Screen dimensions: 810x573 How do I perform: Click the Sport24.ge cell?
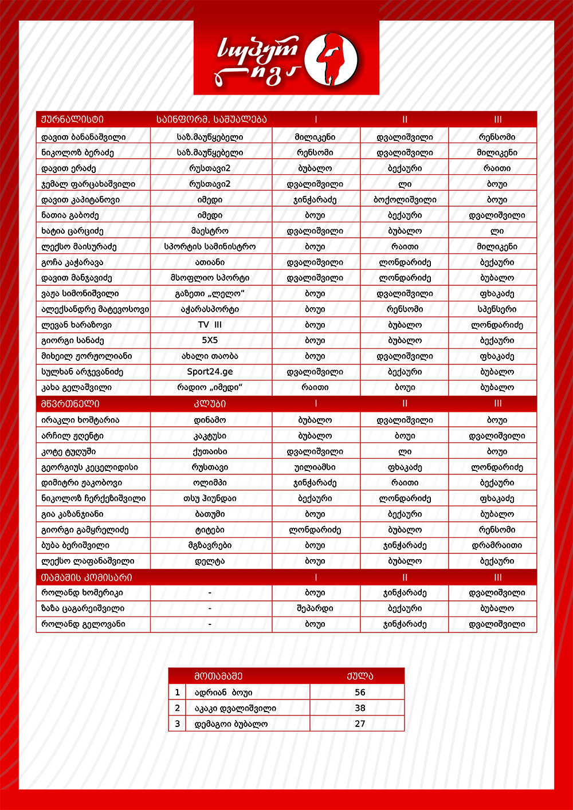tap(210, 372)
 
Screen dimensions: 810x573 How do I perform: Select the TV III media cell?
tap(210, 325)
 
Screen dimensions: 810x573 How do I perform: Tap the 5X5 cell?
tap(210, 340)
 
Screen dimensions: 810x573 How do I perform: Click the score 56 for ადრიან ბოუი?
tap(360, 693)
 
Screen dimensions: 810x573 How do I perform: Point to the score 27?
tap(360, 724)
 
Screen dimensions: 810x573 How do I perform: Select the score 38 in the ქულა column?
tap(360, 708)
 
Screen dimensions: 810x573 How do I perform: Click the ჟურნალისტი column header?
tap(73, 120)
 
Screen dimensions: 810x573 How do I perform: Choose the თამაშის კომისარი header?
tap(87, 577)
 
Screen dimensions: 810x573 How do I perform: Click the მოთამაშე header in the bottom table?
tap(218, 676)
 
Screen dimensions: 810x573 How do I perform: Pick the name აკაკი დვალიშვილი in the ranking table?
tap(236, 709)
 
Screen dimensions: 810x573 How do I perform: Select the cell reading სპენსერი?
tap(497, 309)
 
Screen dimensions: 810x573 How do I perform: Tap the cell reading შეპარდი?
tap(315, 608)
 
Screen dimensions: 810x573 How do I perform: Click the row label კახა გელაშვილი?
tap(77, 388)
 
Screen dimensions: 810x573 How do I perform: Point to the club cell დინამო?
tap(210, 420)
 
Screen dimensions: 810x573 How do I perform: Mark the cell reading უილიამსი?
tap(315, 467)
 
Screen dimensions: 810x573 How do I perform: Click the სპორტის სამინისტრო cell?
tap(210, 247)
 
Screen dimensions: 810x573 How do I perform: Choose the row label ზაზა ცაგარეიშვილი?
tap(83, 608)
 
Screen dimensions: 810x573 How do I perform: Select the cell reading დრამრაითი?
tap(497, 546)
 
